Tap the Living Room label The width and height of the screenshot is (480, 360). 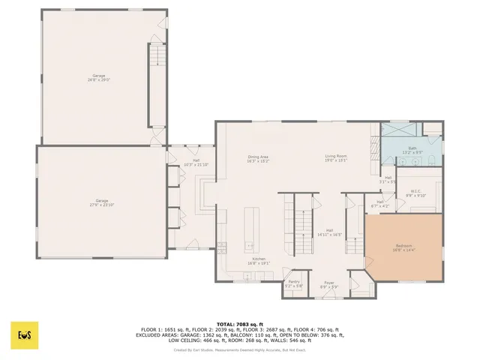[335, 158]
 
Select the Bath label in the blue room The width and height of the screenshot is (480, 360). [412, 150]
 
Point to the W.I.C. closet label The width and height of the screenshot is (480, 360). [410, 193]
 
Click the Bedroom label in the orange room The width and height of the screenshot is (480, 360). [403, 247]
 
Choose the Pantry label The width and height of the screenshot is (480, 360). [294, 283]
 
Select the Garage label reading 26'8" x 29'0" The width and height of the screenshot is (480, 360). [98, 77]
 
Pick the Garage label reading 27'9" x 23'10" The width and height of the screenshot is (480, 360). [101, 202]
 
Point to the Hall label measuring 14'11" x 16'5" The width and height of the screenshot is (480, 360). [329, 232]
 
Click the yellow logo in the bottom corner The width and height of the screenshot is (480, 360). [24, 334]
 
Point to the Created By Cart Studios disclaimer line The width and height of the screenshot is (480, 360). [239, 349]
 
